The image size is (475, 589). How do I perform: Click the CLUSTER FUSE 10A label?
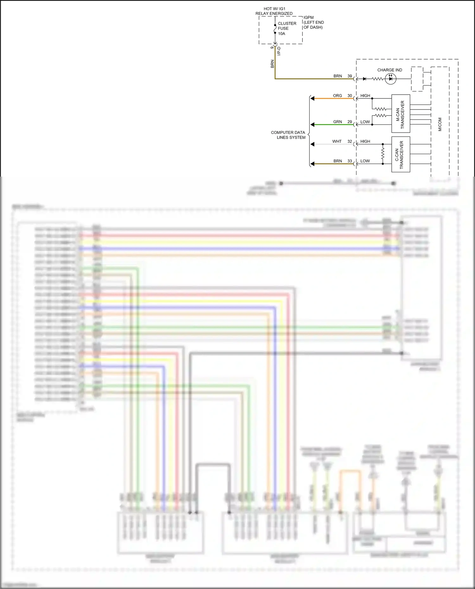point(287,28)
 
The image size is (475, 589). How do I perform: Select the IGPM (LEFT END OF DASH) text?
point(313,22)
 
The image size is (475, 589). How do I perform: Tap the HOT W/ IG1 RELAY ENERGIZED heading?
point(274,11)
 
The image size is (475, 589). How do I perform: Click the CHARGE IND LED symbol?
point(390,79)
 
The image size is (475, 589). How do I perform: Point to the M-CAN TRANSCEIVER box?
point(401,114)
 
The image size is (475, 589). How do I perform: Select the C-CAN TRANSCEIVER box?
point(401,154)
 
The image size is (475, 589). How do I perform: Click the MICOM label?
point(440,124)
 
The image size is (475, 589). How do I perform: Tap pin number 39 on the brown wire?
point(350,76)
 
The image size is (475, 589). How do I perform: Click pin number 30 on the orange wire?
point(350,96)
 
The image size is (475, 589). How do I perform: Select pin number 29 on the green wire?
point(350,122)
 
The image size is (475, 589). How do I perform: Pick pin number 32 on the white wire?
point(350,141)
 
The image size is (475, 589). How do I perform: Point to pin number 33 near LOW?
point(350,161)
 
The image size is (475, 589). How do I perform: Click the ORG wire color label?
point(337,96)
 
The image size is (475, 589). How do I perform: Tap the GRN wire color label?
point(337,122)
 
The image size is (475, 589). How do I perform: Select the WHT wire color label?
point(337,141)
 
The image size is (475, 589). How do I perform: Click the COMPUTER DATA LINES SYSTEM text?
point(288,135)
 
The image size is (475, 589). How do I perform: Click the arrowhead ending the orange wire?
point(312,98)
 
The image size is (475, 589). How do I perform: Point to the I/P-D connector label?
point(279,51)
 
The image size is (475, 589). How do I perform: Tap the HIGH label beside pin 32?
point(365,141)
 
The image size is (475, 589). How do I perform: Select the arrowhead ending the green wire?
point(312,125)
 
